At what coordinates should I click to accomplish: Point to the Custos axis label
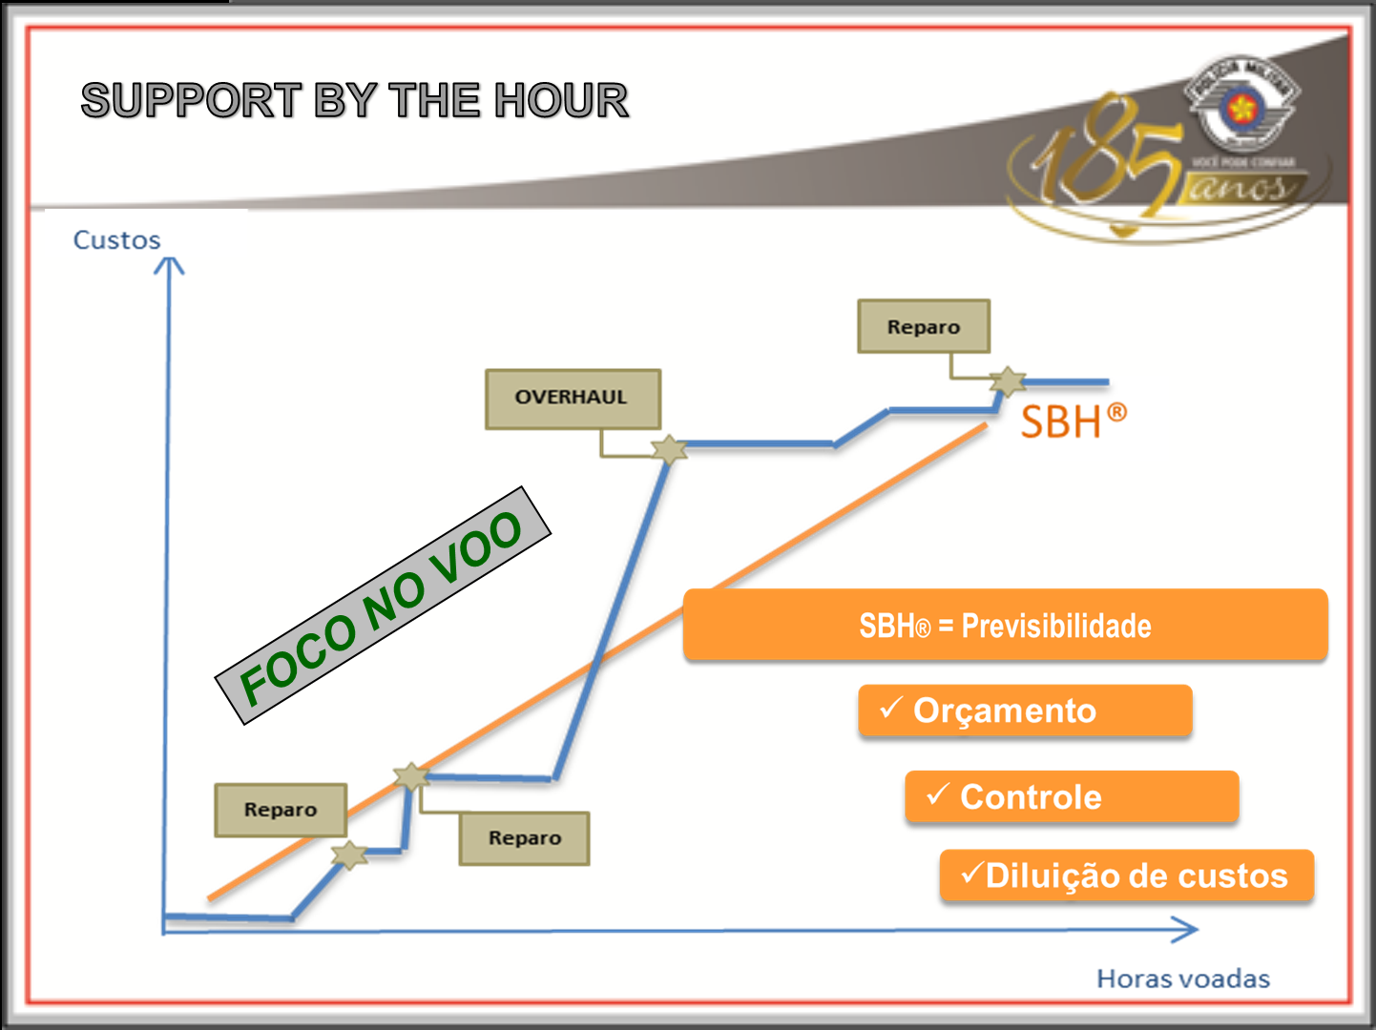click(x=116, y=239)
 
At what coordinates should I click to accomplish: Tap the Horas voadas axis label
click(x=1182, y=978)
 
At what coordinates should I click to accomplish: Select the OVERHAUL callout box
click(x=572, y=399)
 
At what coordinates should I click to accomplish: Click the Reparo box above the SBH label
click(x=923, y=327)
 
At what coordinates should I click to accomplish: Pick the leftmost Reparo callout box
click(x=280, y=810)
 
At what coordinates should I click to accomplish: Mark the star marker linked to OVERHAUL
click(x=669, y=448)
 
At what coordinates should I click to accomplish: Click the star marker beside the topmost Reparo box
click(x=1007, y=381)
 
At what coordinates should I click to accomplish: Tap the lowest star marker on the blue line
click(x=349, y=855)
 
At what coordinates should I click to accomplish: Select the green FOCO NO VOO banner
click(x=382, y=606)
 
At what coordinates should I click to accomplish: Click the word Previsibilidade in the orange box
click(x=1055, y=627)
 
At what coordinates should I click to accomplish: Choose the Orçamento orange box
click(x=1024, y=711)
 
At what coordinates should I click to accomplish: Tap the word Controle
click(x=1031, y=797)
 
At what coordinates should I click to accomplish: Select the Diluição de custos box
click(x=1126, y=875)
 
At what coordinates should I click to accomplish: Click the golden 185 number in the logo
click(x=1107, y=157)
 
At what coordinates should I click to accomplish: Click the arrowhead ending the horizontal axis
click(x=1187, y=930)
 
